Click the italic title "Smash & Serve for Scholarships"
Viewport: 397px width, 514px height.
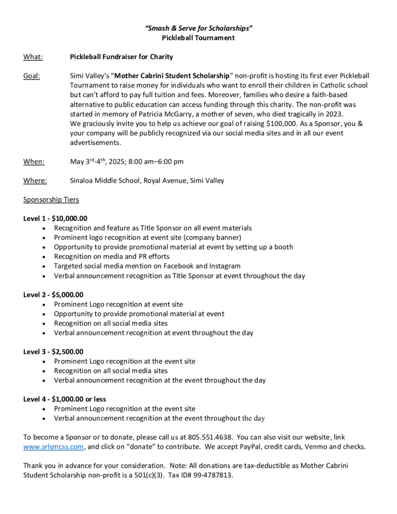click(198, 29)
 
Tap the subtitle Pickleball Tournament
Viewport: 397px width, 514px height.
click(198, 38)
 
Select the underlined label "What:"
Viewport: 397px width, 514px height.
click(33, 57)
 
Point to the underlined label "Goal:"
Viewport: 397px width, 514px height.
click(32, 76)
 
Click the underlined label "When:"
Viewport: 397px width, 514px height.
click(34, 162)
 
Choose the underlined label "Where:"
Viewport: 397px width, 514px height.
click(35, 181)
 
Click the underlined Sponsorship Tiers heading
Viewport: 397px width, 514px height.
click(51, 200)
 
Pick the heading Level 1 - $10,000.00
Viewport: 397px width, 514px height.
click(55, 218)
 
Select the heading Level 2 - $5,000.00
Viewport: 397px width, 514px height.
click(53, 295)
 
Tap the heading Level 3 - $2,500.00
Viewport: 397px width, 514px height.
click(53, 352)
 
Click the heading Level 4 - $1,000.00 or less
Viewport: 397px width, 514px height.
click(65, 400)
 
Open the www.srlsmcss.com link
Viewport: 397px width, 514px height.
click(54, 447)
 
